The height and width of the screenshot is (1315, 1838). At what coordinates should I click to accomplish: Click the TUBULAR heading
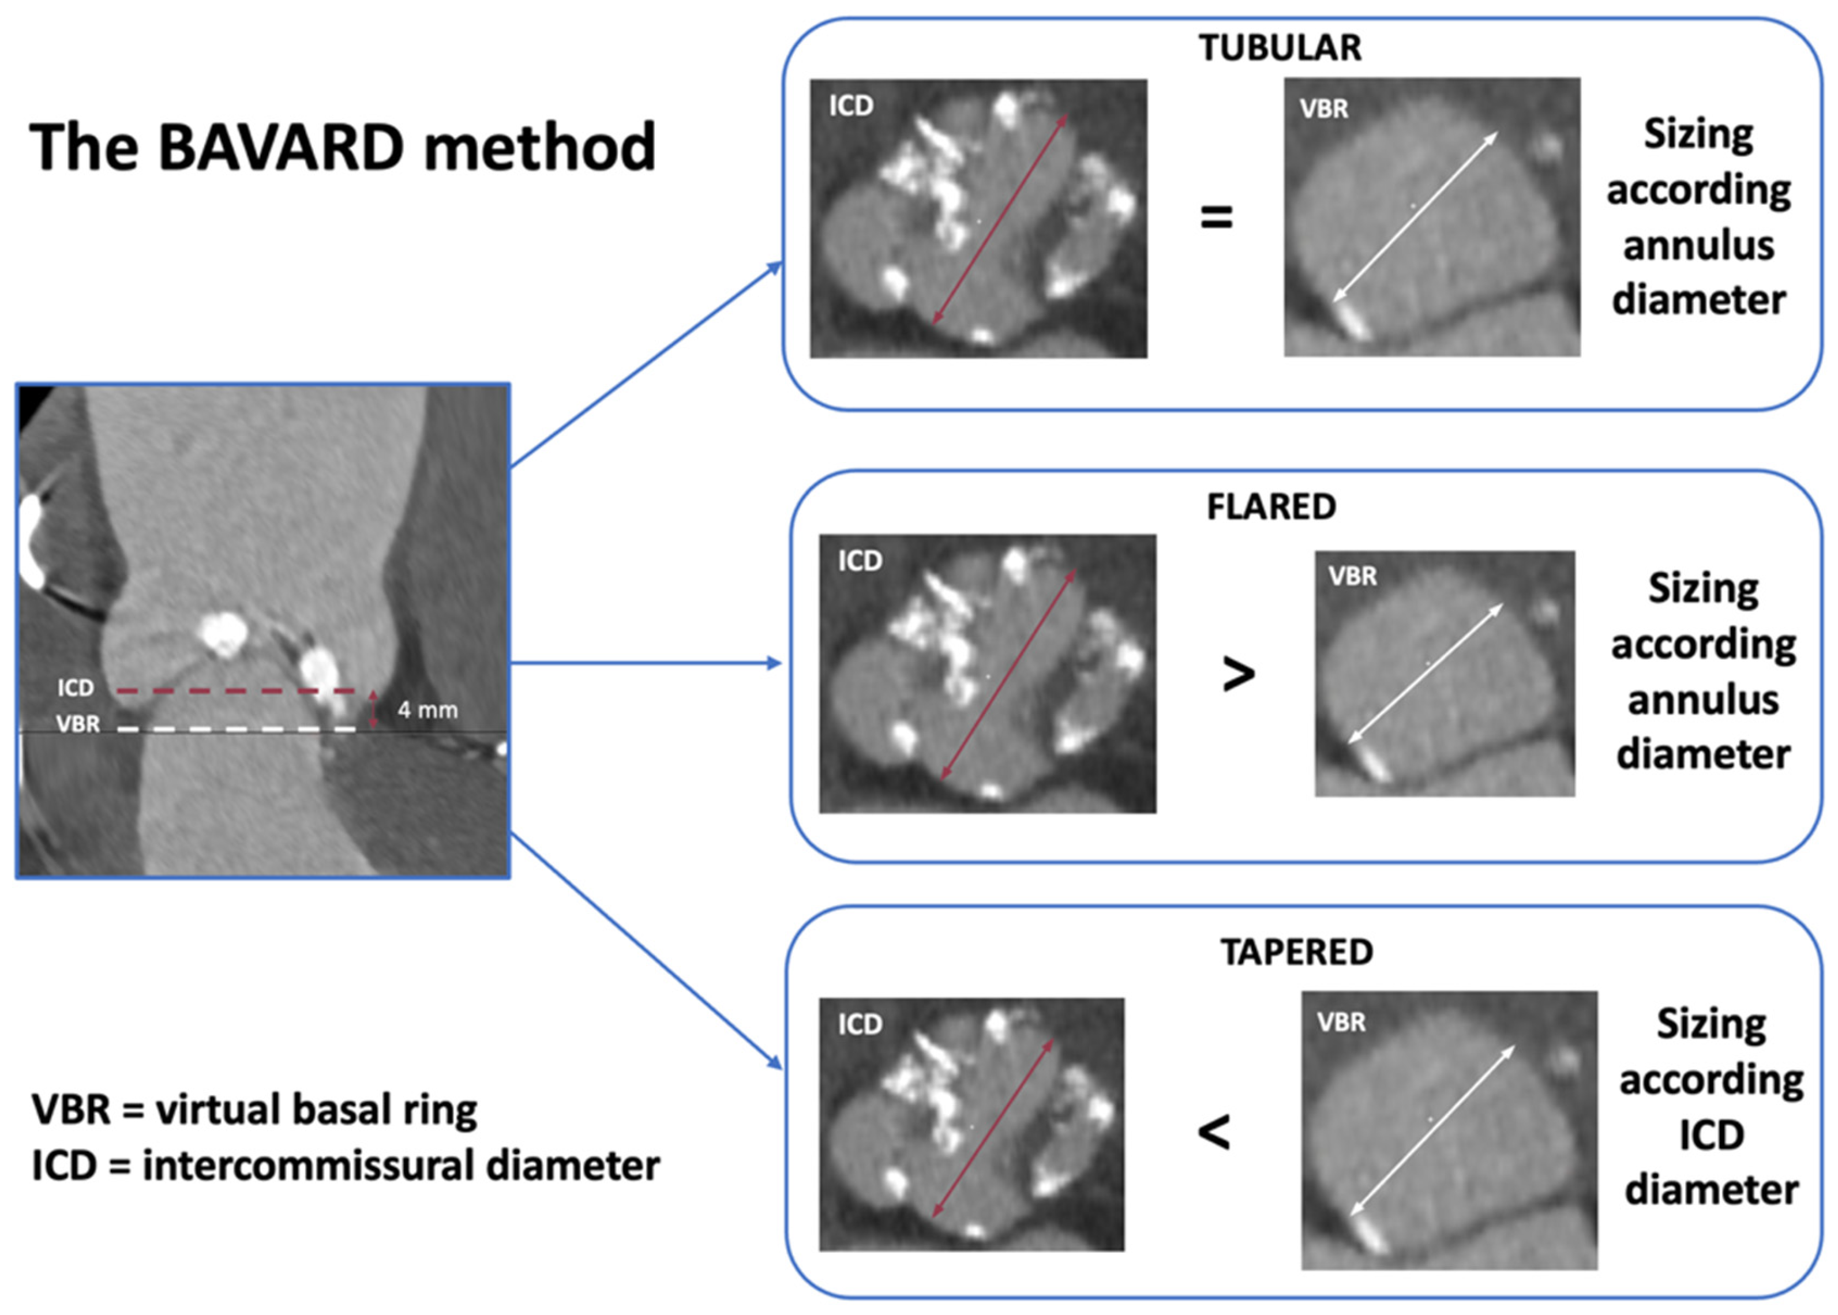click(x=1280, y=48)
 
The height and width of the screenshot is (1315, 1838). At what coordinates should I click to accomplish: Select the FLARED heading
click(x=1271, y=507)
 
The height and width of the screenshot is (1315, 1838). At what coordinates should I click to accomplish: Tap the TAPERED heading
click(x=1296, y=952)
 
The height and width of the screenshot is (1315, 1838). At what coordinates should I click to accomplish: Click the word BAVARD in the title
click(x=280, y=148)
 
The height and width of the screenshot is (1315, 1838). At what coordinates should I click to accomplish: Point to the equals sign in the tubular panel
click(x=1216, y=217)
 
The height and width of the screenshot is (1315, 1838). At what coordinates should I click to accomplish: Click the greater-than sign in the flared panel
click(x=1238, y=674)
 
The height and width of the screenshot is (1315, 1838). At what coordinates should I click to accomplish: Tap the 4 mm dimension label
click(x=427, y=710)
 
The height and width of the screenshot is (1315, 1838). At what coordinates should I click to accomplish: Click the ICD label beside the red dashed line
click(x=76, y=688)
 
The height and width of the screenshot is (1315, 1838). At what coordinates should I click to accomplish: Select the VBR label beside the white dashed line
click(x=78, y=724)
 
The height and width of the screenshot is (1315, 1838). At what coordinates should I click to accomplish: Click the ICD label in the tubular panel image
click(x=850, y=106)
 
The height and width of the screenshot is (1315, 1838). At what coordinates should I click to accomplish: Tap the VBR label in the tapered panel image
click(x=1341, y=1023)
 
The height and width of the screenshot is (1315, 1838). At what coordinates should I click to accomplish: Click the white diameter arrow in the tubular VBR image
click(x=1415, y=217)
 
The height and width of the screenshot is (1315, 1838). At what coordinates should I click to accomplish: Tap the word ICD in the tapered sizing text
click(x=1711, y=1134)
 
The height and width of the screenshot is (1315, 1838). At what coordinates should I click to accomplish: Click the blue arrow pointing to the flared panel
click(x=648, y=663)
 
